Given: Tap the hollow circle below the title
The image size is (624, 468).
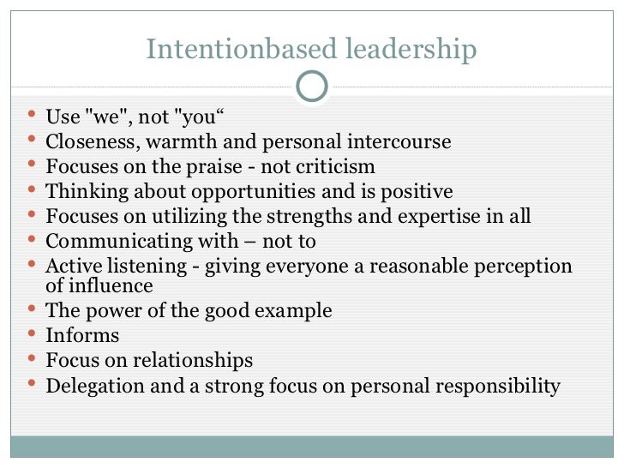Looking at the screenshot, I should [x=311, y=86].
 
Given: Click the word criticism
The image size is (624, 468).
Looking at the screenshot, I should [x=335, y=166].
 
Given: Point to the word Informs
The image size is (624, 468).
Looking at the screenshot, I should [x=82, y=335].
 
